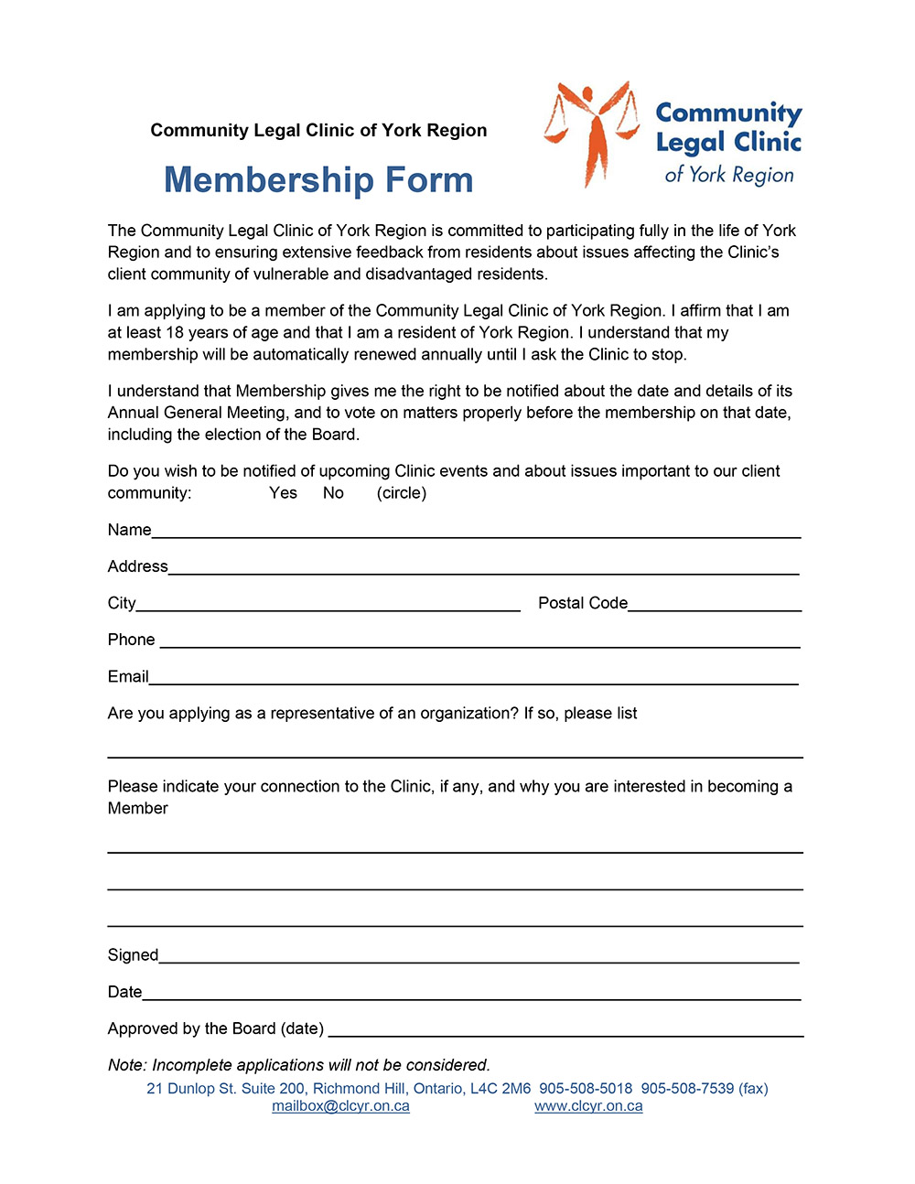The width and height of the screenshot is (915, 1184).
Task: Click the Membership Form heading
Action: click(318, 180)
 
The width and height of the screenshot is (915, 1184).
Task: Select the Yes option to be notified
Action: click(283, 493)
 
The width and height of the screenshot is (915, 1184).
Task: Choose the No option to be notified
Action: click(333, 493)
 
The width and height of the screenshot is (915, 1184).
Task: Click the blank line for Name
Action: click(476, 532)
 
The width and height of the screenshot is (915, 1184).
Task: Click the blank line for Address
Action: click(483, 568)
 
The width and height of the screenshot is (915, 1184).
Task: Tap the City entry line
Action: click(328, 605)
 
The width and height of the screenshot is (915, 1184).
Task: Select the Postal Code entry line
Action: click(715, 605)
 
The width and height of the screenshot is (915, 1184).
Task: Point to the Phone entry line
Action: click(479, 641)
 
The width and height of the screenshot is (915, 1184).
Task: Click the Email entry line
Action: click(473, 678)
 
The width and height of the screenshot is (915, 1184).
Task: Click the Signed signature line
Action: click(479, 957)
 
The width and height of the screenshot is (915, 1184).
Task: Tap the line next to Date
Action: click(471, 994)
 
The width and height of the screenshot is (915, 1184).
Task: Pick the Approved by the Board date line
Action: click(565, 1030)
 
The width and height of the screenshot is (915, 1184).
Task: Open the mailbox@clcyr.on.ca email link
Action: click(340, 1106)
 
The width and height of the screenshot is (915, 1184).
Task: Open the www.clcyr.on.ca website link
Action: click(588, 1106)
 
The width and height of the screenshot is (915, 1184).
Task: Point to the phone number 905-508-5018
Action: click(586, 1089)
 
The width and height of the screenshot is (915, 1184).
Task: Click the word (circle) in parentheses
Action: click(402, 493)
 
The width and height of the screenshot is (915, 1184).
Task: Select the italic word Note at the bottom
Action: click(126, 1065)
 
